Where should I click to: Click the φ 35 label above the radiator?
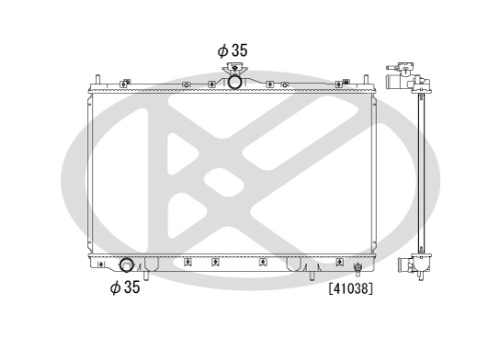(233, 51)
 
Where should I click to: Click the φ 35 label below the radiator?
(125, 287)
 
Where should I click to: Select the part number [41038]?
(351, 288)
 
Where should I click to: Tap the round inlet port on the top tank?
(235, 82)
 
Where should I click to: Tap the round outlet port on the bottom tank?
(126, 265)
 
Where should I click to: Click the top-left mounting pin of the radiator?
(98, 79)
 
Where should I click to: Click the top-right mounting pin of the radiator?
(367, 79)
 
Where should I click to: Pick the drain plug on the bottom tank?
(358, 269)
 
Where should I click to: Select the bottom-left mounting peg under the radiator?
(146, 276)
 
